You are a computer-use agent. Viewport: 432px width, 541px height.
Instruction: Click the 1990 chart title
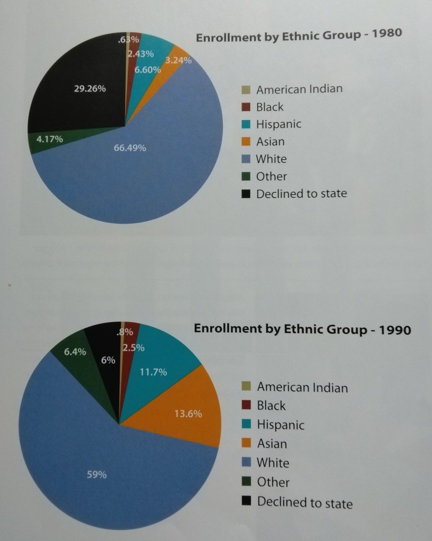302,329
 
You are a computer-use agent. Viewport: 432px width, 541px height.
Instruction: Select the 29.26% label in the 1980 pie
90,89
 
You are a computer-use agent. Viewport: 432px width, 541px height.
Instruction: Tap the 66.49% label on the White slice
130,148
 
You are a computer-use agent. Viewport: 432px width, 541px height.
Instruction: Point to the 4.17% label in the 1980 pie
50,140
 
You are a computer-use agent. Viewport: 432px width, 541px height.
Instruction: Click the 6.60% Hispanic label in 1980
147,69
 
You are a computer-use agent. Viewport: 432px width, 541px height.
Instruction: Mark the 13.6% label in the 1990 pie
187,414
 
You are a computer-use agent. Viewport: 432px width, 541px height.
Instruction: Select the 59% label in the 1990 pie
97,474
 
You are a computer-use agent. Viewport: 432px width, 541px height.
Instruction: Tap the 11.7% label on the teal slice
153,372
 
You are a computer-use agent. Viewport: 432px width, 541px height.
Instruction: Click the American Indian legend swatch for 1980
245,89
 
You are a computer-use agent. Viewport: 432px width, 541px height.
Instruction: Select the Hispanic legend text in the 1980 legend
278,124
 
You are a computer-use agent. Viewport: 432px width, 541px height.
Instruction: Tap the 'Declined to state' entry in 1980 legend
301,194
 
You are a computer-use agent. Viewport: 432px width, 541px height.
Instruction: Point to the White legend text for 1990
273,463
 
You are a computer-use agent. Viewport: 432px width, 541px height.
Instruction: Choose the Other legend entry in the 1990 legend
273,482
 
